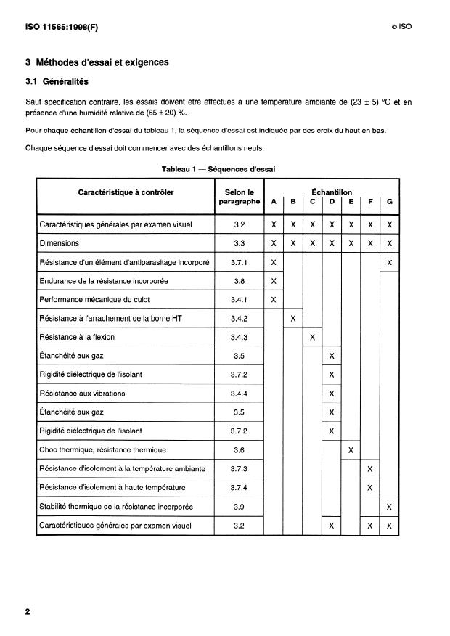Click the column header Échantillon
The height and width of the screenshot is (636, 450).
(x=332, y=192)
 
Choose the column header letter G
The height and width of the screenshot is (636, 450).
(x=390, y=201)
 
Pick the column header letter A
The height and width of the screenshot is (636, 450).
(x=274, y=201)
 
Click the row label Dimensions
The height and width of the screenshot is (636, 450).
(x=60, y=243)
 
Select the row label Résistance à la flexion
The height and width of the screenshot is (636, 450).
(x=78, y=337)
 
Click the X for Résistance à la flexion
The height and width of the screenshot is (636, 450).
(x=312, y=337)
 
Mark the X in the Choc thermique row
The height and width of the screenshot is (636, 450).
(x=351, y=450)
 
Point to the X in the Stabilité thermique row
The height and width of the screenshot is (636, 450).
(x=390, y=506)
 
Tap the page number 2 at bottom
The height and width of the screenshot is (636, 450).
(x=28, y=611)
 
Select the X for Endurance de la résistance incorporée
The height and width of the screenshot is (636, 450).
(x=274, y=280)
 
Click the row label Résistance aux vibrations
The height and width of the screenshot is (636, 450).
(x=82, y=394)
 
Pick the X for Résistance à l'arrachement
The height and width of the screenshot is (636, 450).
(x=292, y=318)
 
